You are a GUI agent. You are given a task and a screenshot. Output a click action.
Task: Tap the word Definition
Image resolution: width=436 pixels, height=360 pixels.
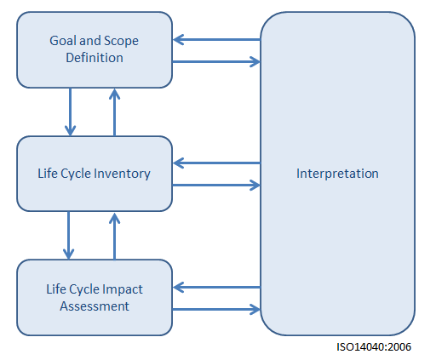pyautogui.click(x=95, y=58)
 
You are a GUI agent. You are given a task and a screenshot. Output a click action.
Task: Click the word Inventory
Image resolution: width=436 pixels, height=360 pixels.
pyautogui.click(x=122, y=174)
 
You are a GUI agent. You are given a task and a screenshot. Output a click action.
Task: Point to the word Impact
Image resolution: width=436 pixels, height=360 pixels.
pyautogui.click(x=123, y=290)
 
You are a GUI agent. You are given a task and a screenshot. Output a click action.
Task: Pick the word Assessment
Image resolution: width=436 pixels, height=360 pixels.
pyautogui.click(x=95, y=306)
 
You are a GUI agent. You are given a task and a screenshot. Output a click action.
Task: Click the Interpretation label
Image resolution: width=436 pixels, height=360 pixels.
pyautogui.click(x=337, y=174)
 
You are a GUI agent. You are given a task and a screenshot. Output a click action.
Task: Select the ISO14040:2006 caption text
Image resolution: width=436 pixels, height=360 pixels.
pyautogui.click(x=374, y=347)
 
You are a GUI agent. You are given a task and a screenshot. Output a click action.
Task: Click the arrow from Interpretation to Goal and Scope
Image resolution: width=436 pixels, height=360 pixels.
pyautogui.click(x=216, y=39)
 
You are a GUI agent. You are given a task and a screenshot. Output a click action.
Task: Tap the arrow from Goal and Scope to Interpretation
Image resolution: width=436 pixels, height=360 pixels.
pyautogui.click(x=216, y=61)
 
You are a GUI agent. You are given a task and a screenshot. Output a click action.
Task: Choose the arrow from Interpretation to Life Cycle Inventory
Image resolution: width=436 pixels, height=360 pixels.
pyautogui.click(x=216, y=163)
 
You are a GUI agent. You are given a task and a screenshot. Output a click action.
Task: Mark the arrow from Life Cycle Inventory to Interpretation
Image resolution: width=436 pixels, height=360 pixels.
pyautogui.click(x=216, y=186)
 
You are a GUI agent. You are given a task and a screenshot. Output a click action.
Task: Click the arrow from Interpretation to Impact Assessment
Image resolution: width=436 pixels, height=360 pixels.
pyautogui.click(x=216, y=288)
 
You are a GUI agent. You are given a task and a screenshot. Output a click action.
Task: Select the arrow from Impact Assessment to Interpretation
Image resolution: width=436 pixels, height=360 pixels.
pyautogui.click(x=216, y=309)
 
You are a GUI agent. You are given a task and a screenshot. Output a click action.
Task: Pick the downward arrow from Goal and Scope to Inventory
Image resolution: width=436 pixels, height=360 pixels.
pyautogui.click(x=70, y=111)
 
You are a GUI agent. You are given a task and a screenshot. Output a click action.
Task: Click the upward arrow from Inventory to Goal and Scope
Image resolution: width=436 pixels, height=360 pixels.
pyautogui.click(x=114, y=112)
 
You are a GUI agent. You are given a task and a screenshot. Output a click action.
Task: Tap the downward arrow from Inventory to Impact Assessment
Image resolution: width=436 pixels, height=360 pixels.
pyautogui.click(x=68, y=235)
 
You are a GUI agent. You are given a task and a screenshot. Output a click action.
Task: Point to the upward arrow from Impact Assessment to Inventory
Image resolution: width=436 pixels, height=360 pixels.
pyautogui.click(x=114, y=237)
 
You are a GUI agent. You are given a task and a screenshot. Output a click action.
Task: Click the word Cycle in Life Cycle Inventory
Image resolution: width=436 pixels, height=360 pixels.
pyautogui.click(x=76, y=174)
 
